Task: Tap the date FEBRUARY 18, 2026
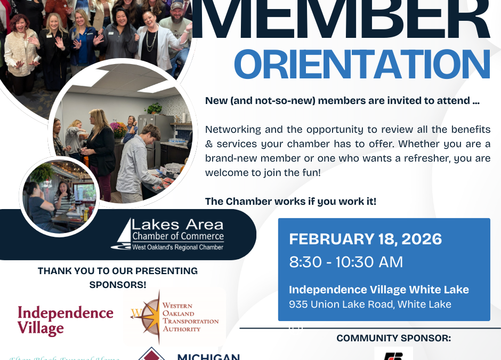coord(366,239)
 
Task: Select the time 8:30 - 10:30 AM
coord(346,262)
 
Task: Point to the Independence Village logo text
coord(65,319)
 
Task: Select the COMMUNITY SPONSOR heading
coord(393,338)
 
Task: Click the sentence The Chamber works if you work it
coord(290,202)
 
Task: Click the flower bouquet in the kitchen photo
coord(118,129)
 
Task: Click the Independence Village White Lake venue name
coord(379,290)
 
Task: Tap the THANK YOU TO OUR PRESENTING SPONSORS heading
coord(118,277)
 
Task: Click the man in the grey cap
coord(176,21)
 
